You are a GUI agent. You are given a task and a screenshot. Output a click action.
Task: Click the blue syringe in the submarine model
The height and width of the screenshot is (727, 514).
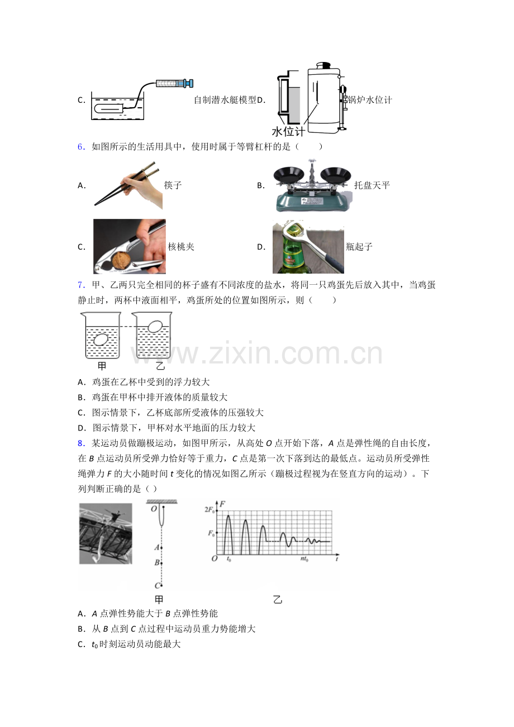point(175,83)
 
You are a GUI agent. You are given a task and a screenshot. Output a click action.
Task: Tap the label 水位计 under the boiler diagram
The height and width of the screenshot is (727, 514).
point(288,131)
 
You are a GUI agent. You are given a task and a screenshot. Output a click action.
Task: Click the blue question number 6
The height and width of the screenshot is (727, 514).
point(81,147)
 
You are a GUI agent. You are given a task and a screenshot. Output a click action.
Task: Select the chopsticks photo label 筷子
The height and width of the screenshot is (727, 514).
point(173,185)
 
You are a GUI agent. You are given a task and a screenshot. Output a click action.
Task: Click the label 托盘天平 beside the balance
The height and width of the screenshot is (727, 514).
point(372,185)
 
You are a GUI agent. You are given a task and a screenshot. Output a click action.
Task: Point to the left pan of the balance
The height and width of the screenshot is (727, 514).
point(289,175)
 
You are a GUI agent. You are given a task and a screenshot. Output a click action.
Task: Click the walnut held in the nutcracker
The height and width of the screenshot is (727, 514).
point(121,261)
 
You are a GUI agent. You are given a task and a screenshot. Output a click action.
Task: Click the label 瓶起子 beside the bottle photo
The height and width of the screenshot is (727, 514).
point(359,247)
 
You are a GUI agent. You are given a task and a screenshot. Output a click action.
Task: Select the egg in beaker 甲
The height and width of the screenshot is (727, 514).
point(101,339)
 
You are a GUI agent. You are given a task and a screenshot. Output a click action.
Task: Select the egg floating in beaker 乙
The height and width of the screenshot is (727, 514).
point(155,327)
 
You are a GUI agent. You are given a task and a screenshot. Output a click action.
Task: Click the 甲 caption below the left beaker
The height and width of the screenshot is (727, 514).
point(102,366)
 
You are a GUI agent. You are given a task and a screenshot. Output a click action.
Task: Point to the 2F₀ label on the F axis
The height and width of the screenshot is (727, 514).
point(210,510)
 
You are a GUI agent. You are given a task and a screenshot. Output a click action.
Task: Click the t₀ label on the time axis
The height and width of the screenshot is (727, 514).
point(229,559)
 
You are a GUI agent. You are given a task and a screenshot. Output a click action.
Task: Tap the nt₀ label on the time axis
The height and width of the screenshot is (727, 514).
point(304,559)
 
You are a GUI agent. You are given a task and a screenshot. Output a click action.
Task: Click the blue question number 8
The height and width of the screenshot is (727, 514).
point(81,443)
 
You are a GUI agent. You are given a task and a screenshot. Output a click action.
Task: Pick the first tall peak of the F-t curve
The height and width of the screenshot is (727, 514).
point(229,515)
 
